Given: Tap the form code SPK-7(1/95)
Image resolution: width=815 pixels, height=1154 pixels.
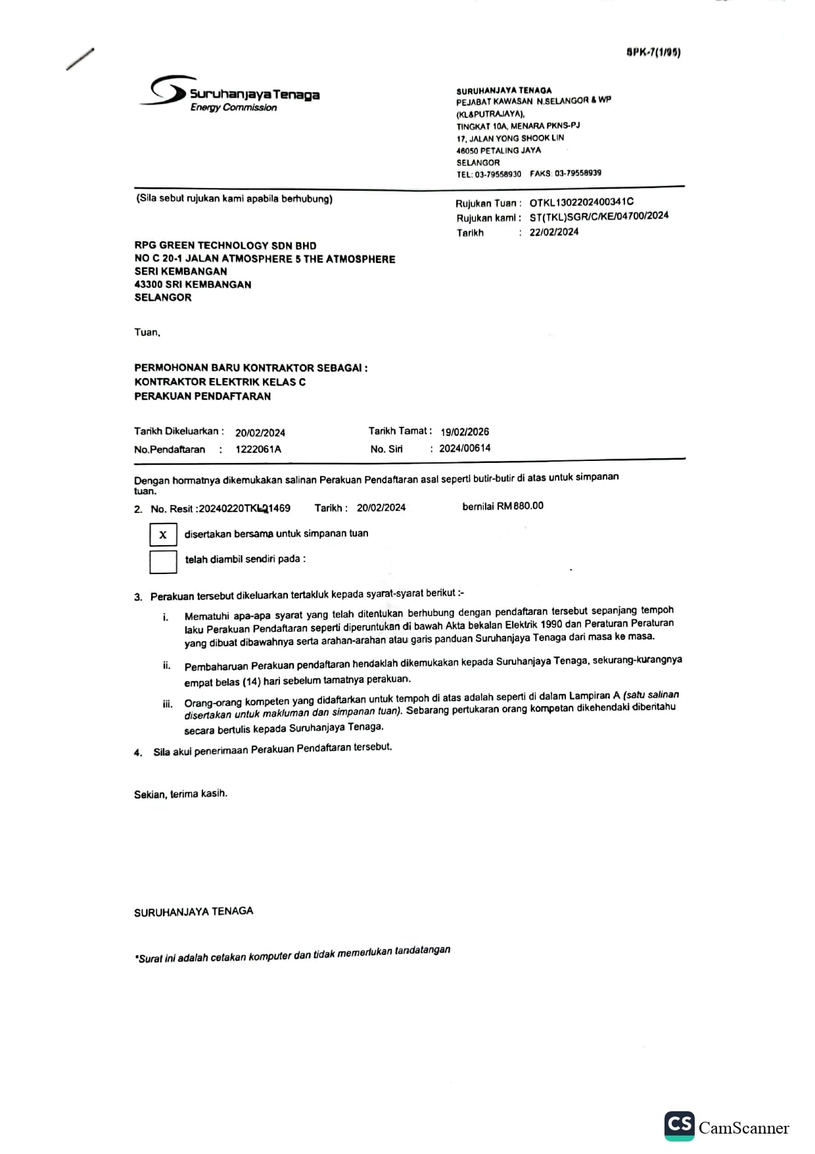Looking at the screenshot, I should tap(653, 53).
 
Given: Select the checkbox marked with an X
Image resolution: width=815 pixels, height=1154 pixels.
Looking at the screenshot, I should tap(163, 535).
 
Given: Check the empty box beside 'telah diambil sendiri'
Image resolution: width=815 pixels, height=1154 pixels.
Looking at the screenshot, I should tap(163, 561).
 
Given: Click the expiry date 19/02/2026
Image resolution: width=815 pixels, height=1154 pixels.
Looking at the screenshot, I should tap(465, 432).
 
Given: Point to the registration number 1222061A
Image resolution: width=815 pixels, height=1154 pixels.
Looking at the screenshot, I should tap(258, 449).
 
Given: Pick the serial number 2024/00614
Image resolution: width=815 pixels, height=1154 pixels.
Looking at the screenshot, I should tap(465, 448).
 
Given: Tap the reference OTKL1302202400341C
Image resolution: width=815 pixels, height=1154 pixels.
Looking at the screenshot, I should tap(582, 203).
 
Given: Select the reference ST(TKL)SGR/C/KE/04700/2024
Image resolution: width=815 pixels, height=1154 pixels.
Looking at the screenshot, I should tap(599, 216).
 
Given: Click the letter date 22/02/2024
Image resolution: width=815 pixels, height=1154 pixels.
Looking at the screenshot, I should tap(554, 231).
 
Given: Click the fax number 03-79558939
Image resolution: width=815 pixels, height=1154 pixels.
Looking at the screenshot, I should tap(578, 174).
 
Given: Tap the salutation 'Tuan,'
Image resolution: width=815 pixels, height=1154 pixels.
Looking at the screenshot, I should tap(147, 333).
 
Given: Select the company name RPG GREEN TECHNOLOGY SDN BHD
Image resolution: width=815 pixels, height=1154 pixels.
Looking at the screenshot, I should tap(225, 245).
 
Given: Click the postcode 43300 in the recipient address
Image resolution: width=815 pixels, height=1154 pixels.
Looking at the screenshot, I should tap(148, 285).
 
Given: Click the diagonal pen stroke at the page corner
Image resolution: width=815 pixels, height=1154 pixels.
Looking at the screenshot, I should tap(80, 59).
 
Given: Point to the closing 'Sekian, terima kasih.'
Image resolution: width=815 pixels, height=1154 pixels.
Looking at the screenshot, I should tap(181, 794).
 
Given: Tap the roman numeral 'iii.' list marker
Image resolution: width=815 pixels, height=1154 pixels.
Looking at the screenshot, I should tap(168, 704).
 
